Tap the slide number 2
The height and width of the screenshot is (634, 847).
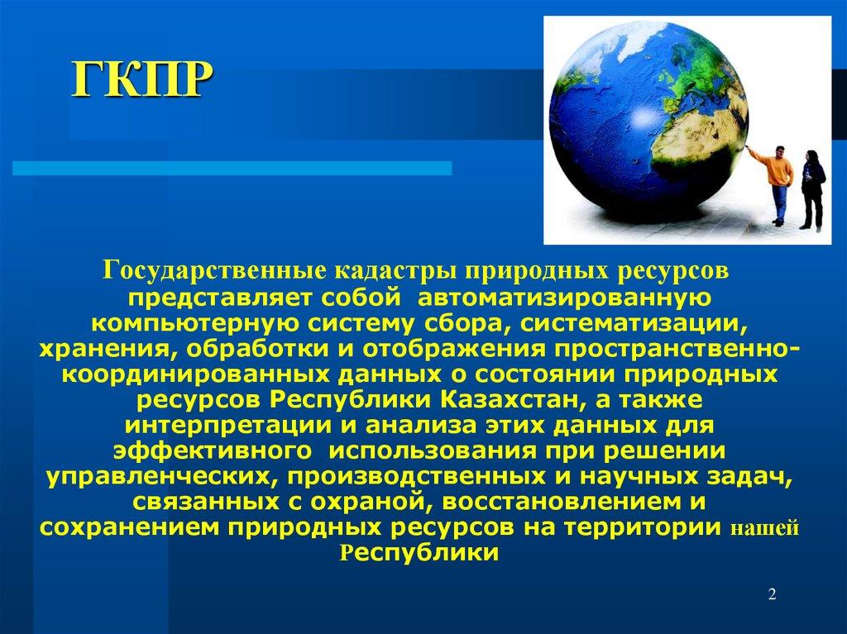click(x=771, y=595)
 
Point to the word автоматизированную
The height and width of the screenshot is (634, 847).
click(x=563, y=294)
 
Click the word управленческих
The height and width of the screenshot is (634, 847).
click(x=151, y=479)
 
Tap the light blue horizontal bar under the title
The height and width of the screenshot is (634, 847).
click(x=232, y=169)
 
